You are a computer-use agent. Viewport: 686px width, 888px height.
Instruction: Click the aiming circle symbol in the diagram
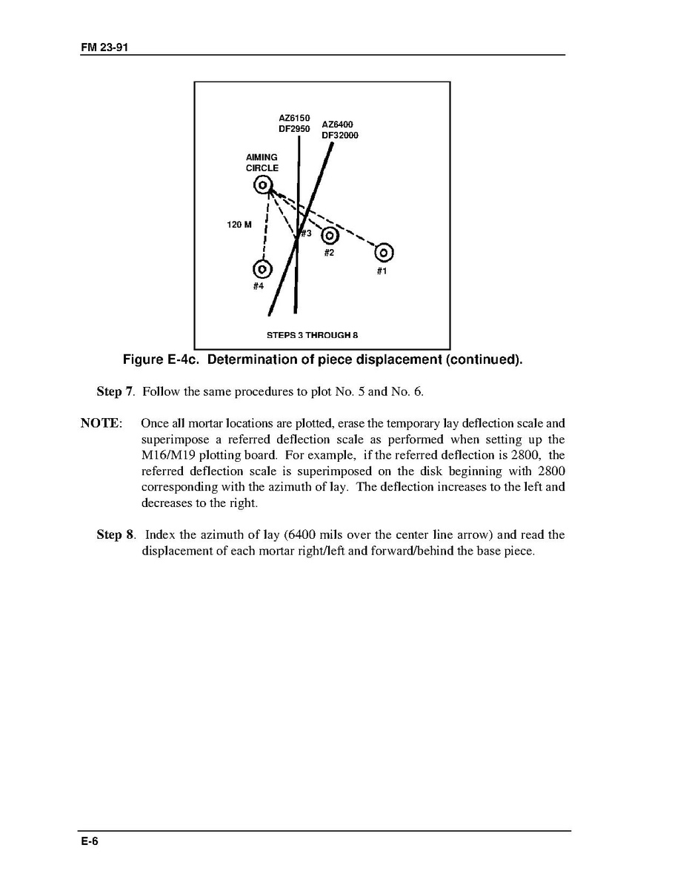tap(264, 185)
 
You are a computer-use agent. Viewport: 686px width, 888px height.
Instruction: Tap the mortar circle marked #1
tap(384, 253)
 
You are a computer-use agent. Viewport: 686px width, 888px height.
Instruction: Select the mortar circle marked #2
tap(330, 236)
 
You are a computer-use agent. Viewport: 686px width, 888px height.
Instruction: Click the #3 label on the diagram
tap(304, 233)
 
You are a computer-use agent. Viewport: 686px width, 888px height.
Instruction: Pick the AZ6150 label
tap(294, 118)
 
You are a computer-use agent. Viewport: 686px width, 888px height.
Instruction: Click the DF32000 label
tap(340, 136)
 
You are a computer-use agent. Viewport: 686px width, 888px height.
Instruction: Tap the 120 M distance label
tap(239, 225)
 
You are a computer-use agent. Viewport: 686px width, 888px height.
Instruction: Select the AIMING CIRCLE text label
tap(262, 162)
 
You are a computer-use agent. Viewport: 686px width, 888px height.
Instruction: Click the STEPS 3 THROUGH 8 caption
tap(312, 335)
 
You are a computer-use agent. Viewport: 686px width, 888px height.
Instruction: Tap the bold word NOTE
tap(100, 423)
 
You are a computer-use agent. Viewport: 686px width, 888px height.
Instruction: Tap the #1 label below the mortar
tap(382, 271)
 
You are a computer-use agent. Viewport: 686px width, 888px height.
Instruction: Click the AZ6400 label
tap(337, 125)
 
